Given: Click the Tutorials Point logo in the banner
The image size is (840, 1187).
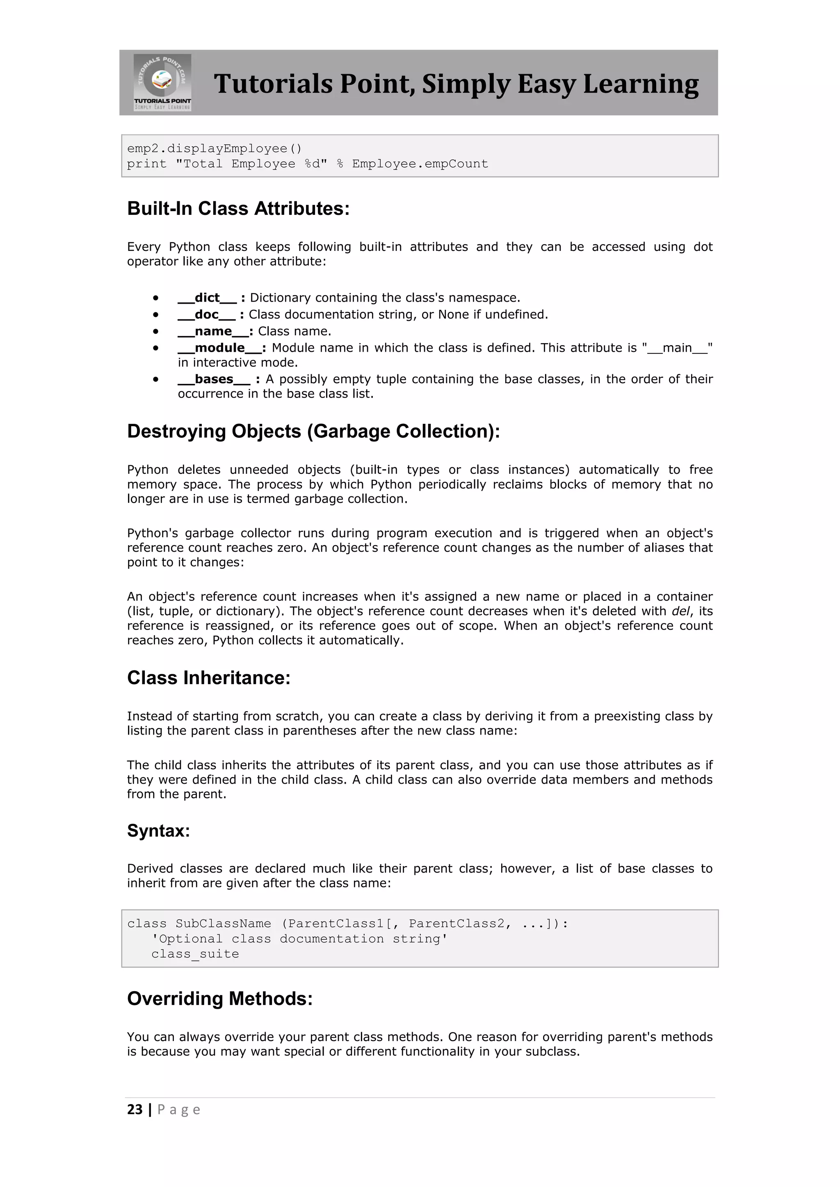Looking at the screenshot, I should point(162,82).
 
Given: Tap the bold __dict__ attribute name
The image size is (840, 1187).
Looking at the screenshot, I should point(207,298).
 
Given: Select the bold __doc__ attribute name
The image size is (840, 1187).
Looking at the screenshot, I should point(206,314).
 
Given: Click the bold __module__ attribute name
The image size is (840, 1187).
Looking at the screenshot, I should point(220,348).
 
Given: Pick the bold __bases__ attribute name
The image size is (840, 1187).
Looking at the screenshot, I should point(214,380).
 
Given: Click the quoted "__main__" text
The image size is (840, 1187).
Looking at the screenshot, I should point(678,348).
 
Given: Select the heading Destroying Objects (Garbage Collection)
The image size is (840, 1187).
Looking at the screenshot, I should point(313,431).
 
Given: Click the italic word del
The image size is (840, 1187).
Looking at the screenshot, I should point(681,611).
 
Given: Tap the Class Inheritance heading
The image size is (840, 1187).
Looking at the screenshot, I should point(209,678).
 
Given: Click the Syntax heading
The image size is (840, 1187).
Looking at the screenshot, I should point(159,831).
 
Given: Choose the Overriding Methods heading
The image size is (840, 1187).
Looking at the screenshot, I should point(220,998).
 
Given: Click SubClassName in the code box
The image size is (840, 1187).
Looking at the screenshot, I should point(224,924).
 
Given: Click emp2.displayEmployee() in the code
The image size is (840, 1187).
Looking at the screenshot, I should point(214,149).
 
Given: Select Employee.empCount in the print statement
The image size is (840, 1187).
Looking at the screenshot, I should point(420,164).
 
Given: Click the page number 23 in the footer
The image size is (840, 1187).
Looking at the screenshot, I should point(135,1110).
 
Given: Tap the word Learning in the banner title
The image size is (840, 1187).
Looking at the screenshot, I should point(641,84).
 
